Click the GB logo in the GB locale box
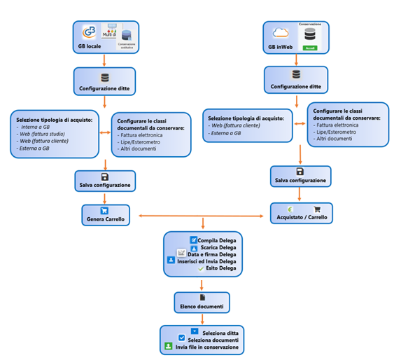coord(90,32)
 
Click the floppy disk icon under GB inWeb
coord(300,171)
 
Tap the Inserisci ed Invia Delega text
coord(207,261)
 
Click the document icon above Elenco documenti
coord(202,297)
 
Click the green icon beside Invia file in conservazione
coord(169,346)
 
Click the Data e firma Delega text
coord(211,254)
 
